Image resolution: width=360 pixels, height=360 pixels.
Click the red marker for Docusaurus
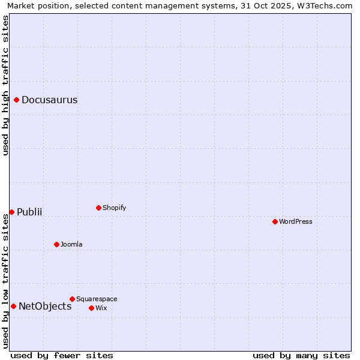coord(17,100)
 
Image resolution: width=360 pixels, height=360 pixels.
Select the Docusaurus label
coord(49,100)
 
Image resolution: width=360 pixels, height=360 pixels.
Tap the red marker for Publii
coord(11,212)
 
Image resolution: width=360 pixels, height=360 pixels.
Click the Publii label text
coord(29,212)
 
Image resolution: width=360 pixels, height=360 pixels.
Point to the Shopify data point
coord(98,208)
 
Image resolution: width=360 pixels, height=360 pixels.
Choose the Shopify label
coord(114,208)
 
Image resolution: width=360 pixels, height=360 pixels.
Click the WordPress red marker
coord(275,221)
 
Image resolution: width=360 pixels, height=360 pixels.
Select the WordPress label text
coord(295,222)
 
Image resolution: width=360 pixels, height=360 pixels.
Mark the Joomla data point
coord(56,244)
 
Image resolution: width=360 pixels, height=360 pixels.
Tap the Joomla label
coord(71,245)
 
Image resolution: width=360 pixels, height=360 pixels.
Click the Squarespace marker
coord(72,299)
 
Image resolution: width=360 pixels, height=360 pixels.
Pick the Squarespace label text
coord(97,299)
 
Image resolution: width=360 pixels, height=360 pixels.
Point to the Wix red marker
coord(91,308)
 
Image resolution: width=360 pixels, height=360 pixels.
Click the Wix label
coord(101,308)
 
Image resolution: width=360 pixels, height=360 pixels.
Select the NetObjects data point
coord(13,306)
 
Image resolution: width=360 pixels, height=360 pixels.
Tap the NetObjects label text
coord(45,307)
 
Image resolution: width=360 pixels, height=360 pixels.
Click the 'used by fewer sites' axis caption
coord(62,356)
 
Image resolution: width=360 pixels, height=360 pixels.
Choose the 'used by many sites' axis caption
coord(301,356)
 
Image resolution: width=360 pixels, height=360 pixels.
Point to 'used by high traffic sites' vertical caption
coord(6,85)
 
